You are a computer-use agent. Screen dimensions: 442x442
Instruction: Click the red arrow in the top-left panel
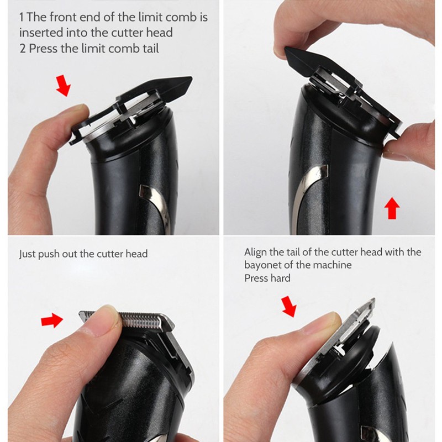coord(64,86)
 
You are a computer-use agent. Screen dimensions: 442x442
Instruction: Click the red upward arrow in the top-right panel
coord(392,208)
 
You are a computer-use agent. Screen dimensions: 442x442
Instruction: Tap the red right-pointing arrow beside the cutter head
coord(52,320)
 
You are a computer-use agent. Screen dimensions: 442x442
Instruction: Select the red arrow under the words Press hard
coord(289,307)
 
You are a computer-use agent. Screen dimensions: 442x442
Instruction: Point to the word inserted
coord(41,33)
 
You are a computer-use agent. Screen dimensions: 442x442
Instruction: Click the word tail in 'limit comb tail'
coord(150,49)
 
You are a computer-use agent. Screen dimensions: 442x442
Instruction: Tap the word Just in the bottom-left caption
coord(27,254)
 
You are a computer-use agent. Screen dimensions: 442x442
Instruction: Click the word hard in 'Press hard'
coord(280,278)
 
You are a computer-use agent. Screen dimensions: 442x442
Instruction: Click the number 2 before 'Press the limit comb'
coord(22,49)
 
